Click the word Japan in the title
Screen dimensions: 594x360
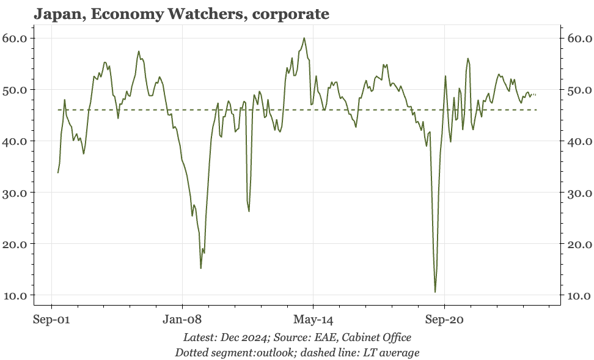click(59, 15)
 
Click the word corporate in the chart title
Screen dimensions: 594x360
click(291, 15)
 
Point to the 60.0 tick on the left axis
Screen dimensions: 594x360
click(15, 39)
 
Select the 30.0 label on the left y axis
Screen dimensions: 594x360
click(15, 193)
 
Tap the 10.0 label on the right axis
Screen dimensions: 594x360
click(579, 295)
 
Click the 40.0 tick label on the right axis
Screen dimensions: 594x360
click(579, 141)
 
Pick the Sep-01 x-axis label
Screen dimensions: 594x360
click(51, 320)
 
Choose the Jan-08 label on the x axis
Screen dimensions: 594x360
click(182, 320)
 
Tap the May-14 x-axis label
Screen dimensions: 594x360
click(313, 320)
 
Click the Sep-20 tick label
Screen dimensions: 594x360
click(444, 320)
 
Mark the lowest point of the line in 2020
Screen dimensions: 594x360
click(435, 292)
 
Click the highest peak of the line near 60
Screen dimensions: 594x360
click(304, 38)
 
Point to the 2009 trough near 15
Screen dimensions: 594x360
click(201, 268)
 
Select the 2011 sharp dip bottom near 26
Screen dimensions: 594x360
click(249, 211)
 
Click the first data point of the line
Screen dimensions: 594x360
click(58, 173)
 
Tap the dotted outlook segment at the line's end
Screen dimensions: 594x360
click(534, 94)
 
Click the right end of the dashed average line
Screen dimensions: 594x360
click(537, 110)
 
